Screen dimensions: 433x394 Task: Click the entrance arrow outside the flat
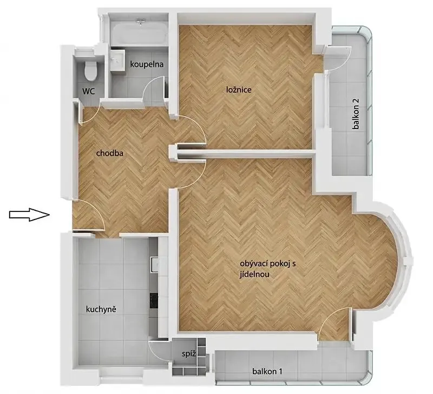(29, 215)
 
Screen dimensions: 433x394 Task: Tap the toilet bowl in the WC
(90, 70)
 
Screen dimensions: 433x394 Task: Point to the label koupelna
(147, 64)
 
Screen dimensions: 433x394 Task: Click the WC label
(89, 91)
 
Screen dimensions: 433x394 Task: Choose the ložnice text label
(239, 89)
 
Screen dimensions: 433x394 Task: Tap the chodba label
(110, 153)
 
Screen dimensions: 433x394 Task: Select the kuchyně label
(101, 309)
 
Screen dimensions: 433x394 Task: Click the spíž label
(189, 354)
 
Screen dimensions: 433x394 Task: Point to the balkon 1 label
(267, 371)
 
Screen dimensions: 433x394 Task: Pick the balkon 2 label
(356, 114)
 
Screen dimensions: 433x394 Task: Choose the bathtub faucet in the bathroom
(141, 21)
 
